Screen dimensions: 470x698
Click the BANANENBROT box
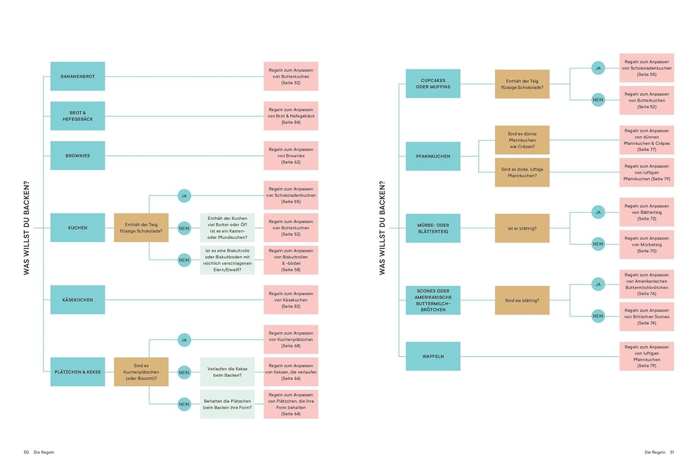77,76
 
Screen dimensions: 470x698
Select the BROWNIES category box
77,156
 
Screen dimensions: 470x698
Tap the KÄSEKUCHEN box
77,300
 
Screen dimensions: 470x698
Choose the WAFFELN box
433,356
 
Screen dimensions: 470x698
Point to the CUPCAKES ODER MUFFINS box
433,84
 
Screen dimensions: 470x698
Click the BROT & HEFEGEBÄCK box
77,116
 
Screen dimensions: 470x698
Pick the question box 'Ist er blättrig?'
522,228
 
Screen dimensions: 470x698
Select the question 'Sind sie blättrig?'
522,300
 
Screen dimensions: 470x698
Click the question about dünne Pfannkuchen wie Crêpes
522,140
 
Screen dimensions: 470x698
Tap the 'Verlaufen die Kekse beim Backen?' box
227,372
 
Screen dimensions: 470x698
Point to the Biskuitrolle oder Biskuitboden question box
227,260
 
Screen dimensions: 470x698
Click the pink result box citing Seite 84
291,116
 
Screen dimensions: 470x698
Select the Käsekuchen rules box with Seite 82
291,300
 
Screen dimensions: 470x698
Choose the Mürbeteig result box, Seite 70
646,244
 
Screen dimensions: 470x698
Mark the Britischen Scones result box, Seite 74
646,317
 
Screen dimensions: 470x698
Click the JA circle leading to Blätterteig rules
598,212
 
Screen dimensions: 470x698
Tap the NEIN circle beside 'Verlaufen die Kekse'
184,372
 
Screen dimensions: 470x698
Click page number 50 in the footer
26,453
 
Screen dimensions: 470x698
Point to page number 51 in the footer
672,453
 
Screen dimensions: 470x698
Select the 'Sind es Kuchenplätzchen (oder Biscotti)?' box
141,372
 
